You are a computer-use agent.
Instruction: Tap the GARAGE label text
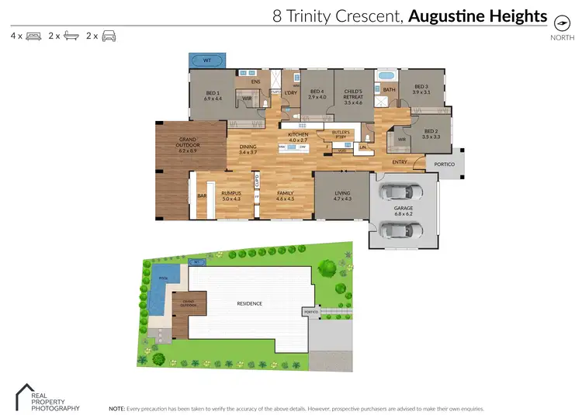click(x=402, y=209)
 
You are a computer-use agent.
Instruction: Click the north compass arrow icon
click(x=557, y=22)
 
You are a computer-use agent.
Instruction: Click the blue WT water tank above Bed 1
click(x=207, y=59)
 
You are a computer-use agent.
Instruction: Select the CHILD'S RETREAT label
click(x=353, y=99)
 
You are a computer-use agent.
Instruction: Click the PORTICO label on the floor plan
click(x=443, y=163)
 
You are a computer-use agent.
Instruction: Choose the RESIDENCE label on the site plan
click(x=250, y=303)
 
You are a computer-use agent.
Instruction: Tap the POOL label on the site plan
click(x=163, y=277)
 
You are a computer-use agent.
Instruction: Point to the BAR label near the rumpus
click(x=201, y=195)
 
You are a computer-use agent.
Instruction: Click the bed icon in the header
click(x=33, y=36)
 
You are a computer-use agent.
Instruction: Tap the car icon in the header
click(x=109, y=36)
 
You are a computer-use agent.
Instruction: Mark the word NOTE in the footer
click(x=116, y=407)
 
